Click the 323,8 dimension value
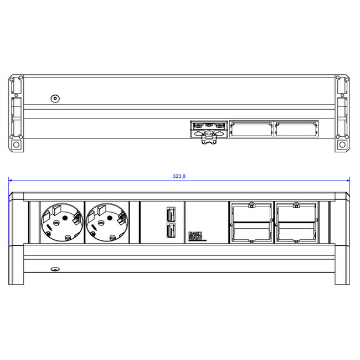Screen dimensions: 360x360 179,176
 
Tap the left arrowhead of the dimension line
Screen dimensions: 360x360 11,180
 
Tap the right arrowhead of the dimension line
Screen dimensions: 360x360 348,180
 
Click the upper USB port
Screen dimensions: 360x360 171,214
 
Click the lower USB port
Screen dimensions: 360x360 171,232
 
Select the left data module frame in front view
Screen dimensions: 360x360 251,223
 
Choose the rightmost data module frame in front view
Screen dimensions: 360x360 296,223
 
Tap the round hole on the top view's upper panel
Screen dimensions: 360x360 54,99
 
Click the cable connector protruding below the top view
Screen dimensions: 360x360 208,141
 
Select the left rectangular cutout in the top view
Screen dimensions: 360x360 251,129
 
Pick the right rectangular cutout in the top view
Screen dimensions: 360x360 296,129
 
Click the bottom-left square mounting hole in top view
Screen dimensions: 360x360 16,146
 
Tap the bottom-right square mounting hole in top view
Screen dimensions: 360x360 342,146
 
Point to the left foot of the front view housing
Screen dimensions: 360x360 17,271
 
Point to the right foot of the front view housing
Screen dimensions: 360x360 342,271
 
